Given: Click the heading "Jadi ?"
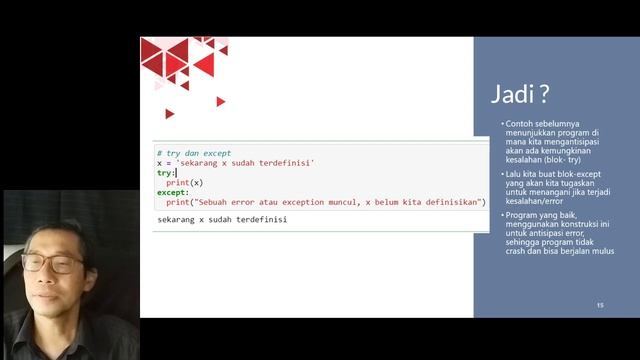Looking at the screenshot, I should (x=520, y=96).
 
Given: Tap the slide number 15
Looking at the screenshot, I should (x=600, y=304).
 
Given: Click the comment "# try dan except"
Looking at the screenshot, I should (x=194, y=153).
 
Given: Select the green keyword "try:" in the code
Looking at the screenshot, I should (x=166, y=173).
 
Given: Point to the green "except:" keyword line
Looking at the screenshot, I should (x=173, y=192).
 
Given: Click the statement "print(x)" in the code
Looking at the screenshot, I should (x=185, y=183).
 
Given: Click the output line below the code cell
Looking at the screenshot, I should (x=222, y=219).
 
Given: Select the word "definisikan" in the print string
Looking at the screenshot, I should (x=452, y=202).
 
